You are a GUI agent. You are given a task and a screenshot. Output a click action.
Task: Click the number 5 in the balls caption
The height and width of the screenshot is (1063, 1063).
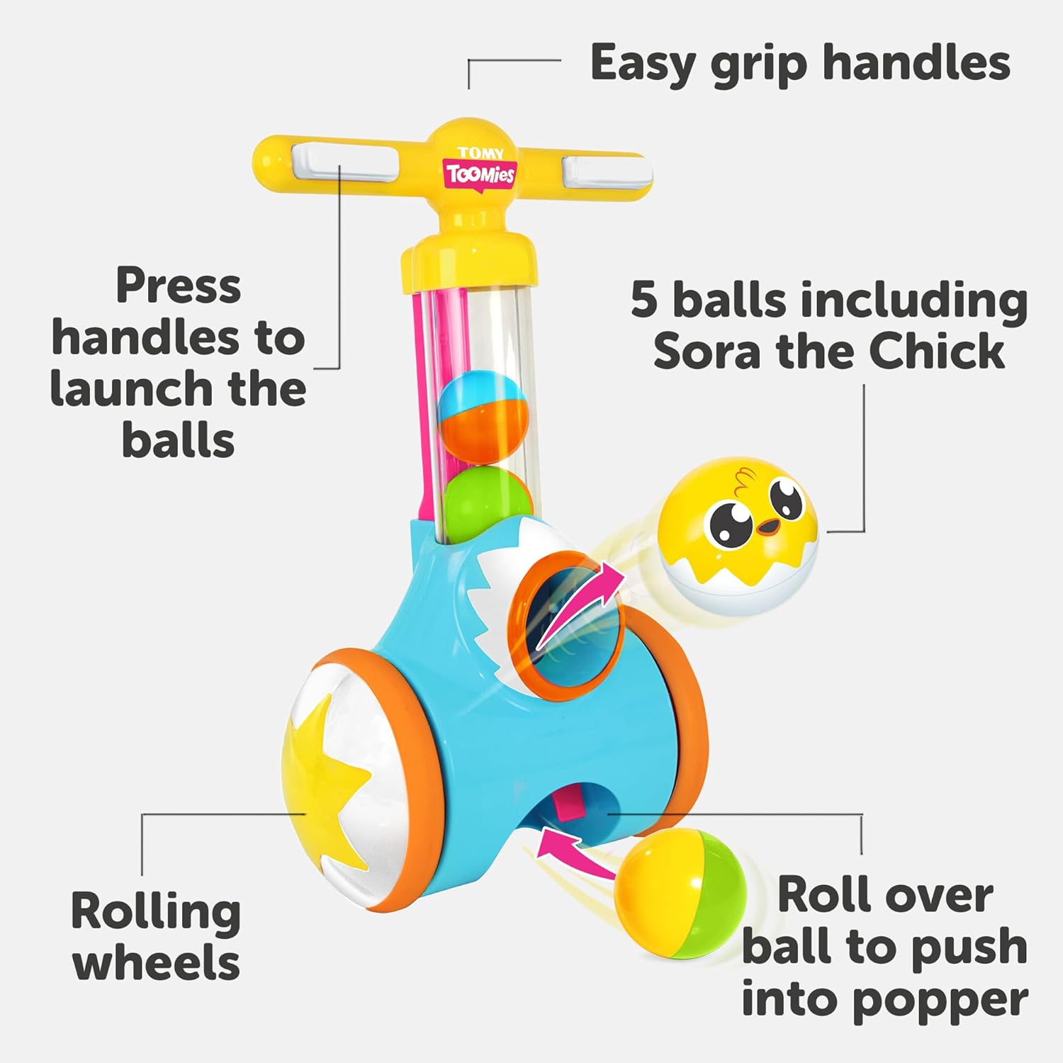[x=644, y=300]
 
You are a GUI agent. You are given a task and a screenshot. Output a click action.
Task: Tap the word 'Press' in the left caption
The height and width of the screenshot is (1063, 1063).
[x=179, y=286]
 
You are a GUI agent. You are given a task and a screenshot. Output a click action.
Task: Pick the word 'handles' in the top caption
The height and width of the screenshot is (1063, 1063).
[x=916, y=64]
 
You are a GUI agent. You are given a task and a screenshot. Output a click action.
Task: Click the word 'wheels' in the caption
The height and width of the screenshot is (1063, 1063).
[x=157, y=964]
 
